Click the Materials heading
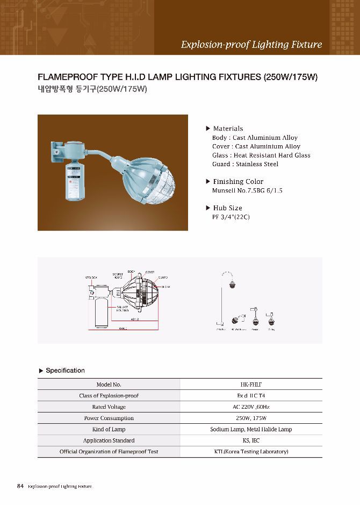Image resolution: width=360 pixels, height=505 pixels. tap(228, 129)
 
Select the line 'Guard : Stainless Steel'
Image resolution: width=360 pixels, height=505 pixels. tap(245, 164)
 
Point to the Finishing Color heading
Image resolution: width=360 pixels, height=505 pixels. tap(238, 182)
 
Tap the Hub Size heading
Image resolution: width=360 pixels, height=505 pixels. tap(227, 208)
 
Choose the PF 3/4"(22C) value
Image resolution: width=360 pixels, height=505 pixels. tap(231, 217)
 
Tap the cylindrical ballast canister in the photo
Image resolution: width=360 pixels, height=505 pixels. tap(75, 183)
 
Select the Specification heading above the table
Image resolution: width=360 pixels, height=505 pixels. tap(65, 371)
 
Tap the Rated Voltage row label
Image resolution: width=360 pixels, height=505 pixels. tap(109, 407)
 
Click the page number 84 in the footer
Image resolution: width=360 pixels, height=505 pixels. tap(20, 486)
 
